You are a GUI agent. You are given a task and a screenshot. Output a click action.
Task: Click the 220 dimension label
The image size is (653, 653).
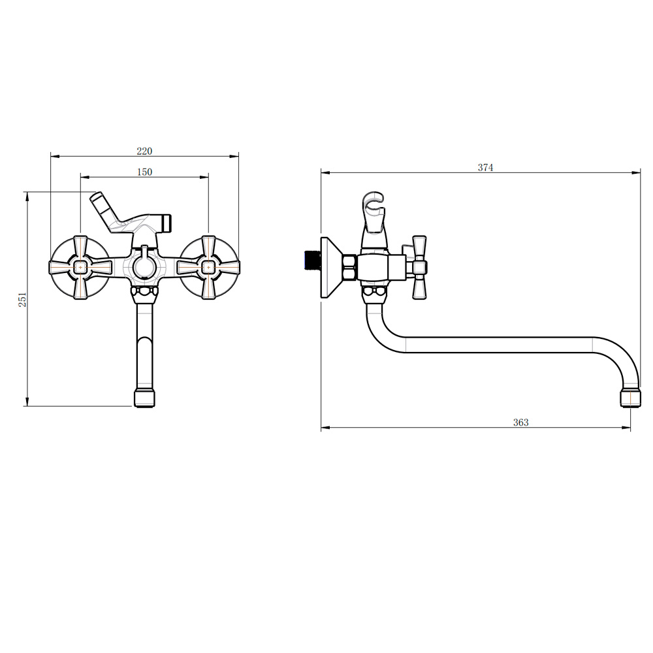pyautogui.click(x=144, y=151)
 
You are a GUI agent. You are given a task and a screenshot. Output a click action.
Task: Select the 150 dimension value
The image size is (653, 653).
pyautogui.click(x=144, y=172)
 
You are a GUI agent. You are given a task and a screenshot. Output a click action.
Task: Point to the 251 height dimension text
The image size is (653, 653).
pyautogui.click(x=22, y=300)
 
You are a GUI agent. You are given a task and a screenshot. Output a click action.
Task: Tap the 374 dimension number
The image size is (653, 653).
pyautogui.click(x=486, y=167)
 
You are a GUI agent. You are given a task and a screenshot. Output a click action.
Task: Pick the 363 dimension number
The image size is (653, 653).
pyautogui.click(x=520, y=422)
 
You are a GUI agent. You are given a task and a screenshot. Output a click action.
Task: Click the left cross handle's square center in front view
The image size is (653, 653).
pyautogui.click(x=80, y=267)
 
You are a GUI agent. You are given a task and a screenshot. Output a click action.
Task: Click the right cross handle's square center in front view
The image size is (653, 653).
pyautogui.click(x=208, y=267)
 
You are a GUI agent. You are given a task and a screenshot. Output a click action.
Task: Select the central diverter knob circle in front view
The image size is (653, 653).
pyautogui.click(x=144, y=267)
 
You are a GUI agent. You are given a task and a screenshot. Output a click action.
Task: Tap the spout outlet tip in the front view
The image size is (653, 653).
pyautogui.click(x=144, y=398)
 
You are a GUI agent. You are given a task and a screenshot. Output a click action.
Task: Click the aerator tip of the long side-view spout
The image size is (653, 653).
pyautogui.click(x=630, y=398)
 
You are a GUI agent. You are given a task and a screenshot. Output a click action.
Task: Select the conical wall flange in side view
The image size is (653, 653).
pyautogui.click(x=331, y=267)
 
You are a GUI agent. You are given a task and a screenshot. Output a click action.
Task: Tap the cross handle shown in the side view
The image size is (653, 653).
pyautogui.click(x=419, y=267)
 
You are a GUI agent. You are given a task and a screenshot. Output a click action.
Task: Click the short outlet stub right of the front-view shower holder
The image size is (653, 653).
pyautogui.click(x=166, y=223)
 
